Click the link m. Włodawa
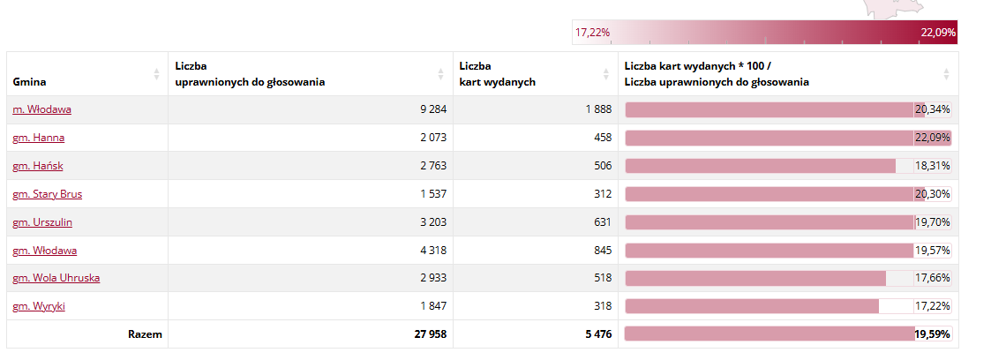41,109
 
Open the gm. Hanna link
38,138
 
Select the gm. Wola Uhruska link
56,278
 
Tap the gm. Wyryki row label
39,306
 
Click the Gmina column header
30,82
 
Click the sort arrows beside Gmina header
157,74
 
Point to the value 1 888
597,109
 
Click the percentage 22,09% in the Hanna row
933,138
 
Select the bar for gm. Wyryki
751,306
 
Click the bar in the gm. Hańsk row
760,166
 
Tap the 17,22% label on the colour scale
592,33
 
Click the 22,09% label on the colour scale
938,33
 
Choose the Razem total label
145,334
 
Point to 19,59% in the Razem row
933,334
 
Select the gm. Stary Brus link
47,194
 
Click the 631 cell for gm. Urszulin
602,222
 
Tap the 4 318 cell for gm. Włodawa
432,251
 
